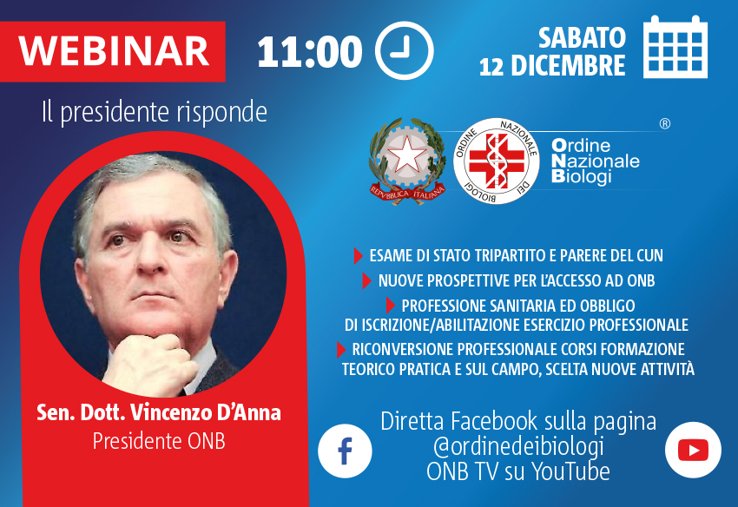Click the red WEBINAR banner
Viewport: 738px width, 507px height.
(113, 51)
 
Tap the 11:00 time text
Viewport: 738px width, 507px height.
(310, 51)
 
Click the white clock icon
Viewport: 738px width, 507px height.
(405, 50)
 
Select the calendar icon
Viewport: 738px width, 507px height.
(675, 47)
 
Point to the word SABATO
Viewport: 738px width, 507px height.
(582, 37)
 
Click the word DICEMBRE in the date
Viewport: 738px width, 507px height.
(568, 65)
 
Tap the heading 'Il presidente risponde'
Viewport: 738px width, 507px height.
(155, 112)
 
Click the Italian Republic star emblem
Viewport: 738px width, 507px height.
(407, 161)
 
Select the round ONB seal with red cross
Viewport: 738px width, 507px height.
(496, 161)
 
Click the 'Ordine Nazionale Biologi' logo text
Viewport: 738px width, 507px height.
(596, 161)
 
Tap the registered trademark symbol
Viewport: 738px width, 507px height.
(664, 124)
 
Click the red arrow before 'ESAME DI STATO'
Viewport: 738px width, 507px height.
(359, 255)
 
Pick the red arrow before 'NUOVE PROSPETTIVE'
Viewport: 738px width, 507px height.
(366, 280)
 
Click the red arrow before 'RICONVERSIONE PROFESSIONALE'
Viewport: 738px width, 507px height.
(341, 350)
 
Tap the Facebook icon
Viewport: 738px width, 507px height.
(345, 451)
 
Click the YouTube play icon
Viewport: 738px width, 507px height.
(693, 450)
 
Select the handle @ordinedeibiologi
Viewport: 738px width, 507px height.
(518, 446)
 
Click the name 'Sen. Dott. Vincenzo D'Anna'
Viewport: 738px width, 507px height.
(159, 412)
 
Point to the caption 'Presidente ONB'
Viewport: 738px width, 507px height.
(159, 441)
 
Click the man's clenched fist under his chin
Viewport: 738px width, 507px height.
(148, 363)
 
